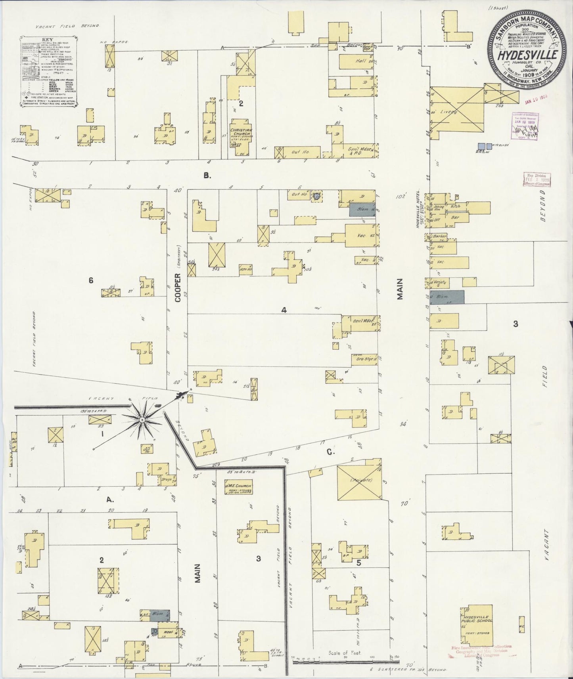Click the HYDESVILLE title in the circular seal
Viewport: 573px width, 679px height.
click(x=529, y=55)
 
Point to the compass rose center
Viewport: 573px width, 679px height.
click(x=142, y=419)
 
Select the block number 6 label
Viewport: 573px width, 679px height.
click(x=91, y=280)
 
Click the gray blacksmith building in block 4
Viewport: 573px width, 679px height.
click(x=362, y=209)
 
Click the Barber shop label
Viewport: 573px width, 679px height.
click(x=440, y=237)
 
